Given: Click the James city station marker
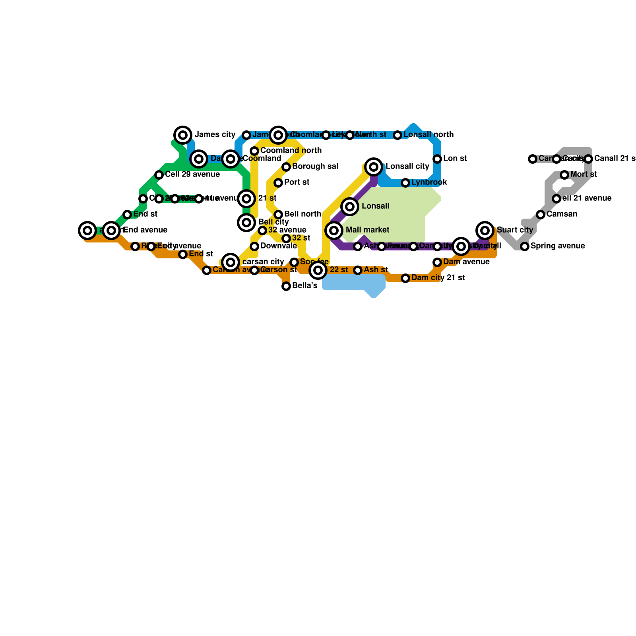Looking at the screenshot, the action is [x=183, y=135].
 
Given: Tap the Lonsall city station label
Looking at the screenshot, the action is [x=407, y=167].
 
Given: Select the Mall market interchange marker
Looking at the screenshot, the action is [x=334, y=231].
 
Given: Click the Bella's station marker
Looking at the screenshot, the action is [x=286, y=286].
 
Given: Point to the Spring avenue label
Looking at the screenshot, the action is [x=557, y=246].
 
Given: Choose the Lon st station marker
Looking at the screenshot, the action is [x=437, y=159].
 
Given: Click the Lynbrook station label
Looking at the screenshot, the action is [x=429, y=182].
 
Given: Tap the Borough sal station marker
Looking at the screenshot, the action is [x=286, y=167].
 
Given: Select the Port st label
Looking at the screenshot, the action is [x=297, y=182].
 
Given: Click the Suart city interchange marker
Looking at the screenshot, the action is [x=485, y=230].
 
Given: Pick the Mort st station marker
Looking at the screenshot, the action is [x=564, y=175].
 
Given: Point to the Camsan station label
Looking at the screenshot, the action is [x=562, y=214].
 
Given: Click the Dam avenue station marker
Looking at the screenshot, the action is [x=437, y=262].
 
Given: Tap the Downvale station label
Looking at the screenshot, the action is [x=278, y=246].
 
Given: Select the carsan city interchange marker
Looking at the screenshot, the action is [x=231, y=262].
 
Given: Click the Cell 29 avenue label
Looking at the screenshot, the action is [x=192, y=175].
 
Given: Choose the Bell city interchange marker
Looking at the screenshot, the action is [x=246, y=223].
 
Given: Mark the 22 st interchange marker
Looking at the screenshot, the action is [x=318, y=270].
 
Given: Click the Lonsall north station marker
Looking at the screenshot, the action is [x=397, y=135].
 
